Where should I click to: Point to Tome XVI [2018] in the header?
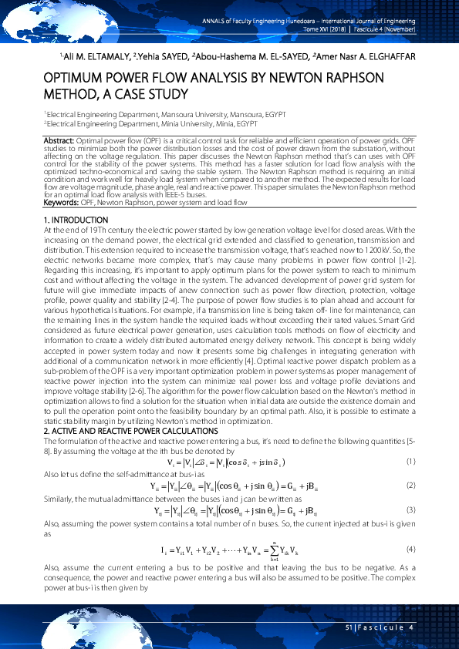pyautogui.click(x=326, y=29)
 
